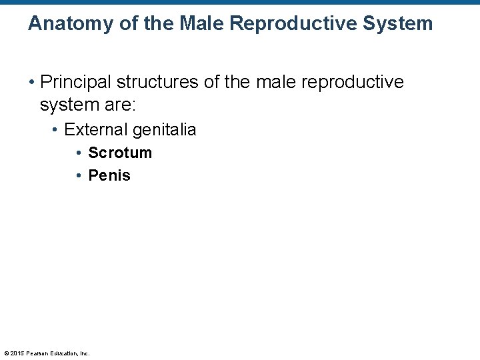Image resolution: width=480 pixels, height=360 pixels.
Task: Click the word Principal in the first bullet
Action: [x=75, y=82]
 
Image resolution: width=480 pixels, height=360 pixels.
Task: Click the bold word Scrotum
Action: [x=120, y=153]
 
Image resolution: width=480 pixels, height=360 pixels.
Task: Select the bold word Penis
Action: [x=109, y=175]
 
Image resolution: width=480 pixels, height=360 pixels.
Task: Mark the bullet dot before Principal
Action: [x=31, y=83]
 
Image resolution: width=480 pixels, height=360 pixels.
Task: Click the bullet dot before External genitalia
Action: [x=55, y=130]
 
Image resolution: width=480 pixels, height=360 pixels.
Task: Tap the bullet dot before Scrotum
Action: [x=79, y=153]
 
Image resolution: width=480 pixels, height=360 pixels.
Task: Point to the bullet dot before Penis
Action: [x=79, y=176]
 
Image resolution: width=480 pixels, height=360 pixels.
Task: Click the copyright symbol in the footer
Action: [x=6, y=353]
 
